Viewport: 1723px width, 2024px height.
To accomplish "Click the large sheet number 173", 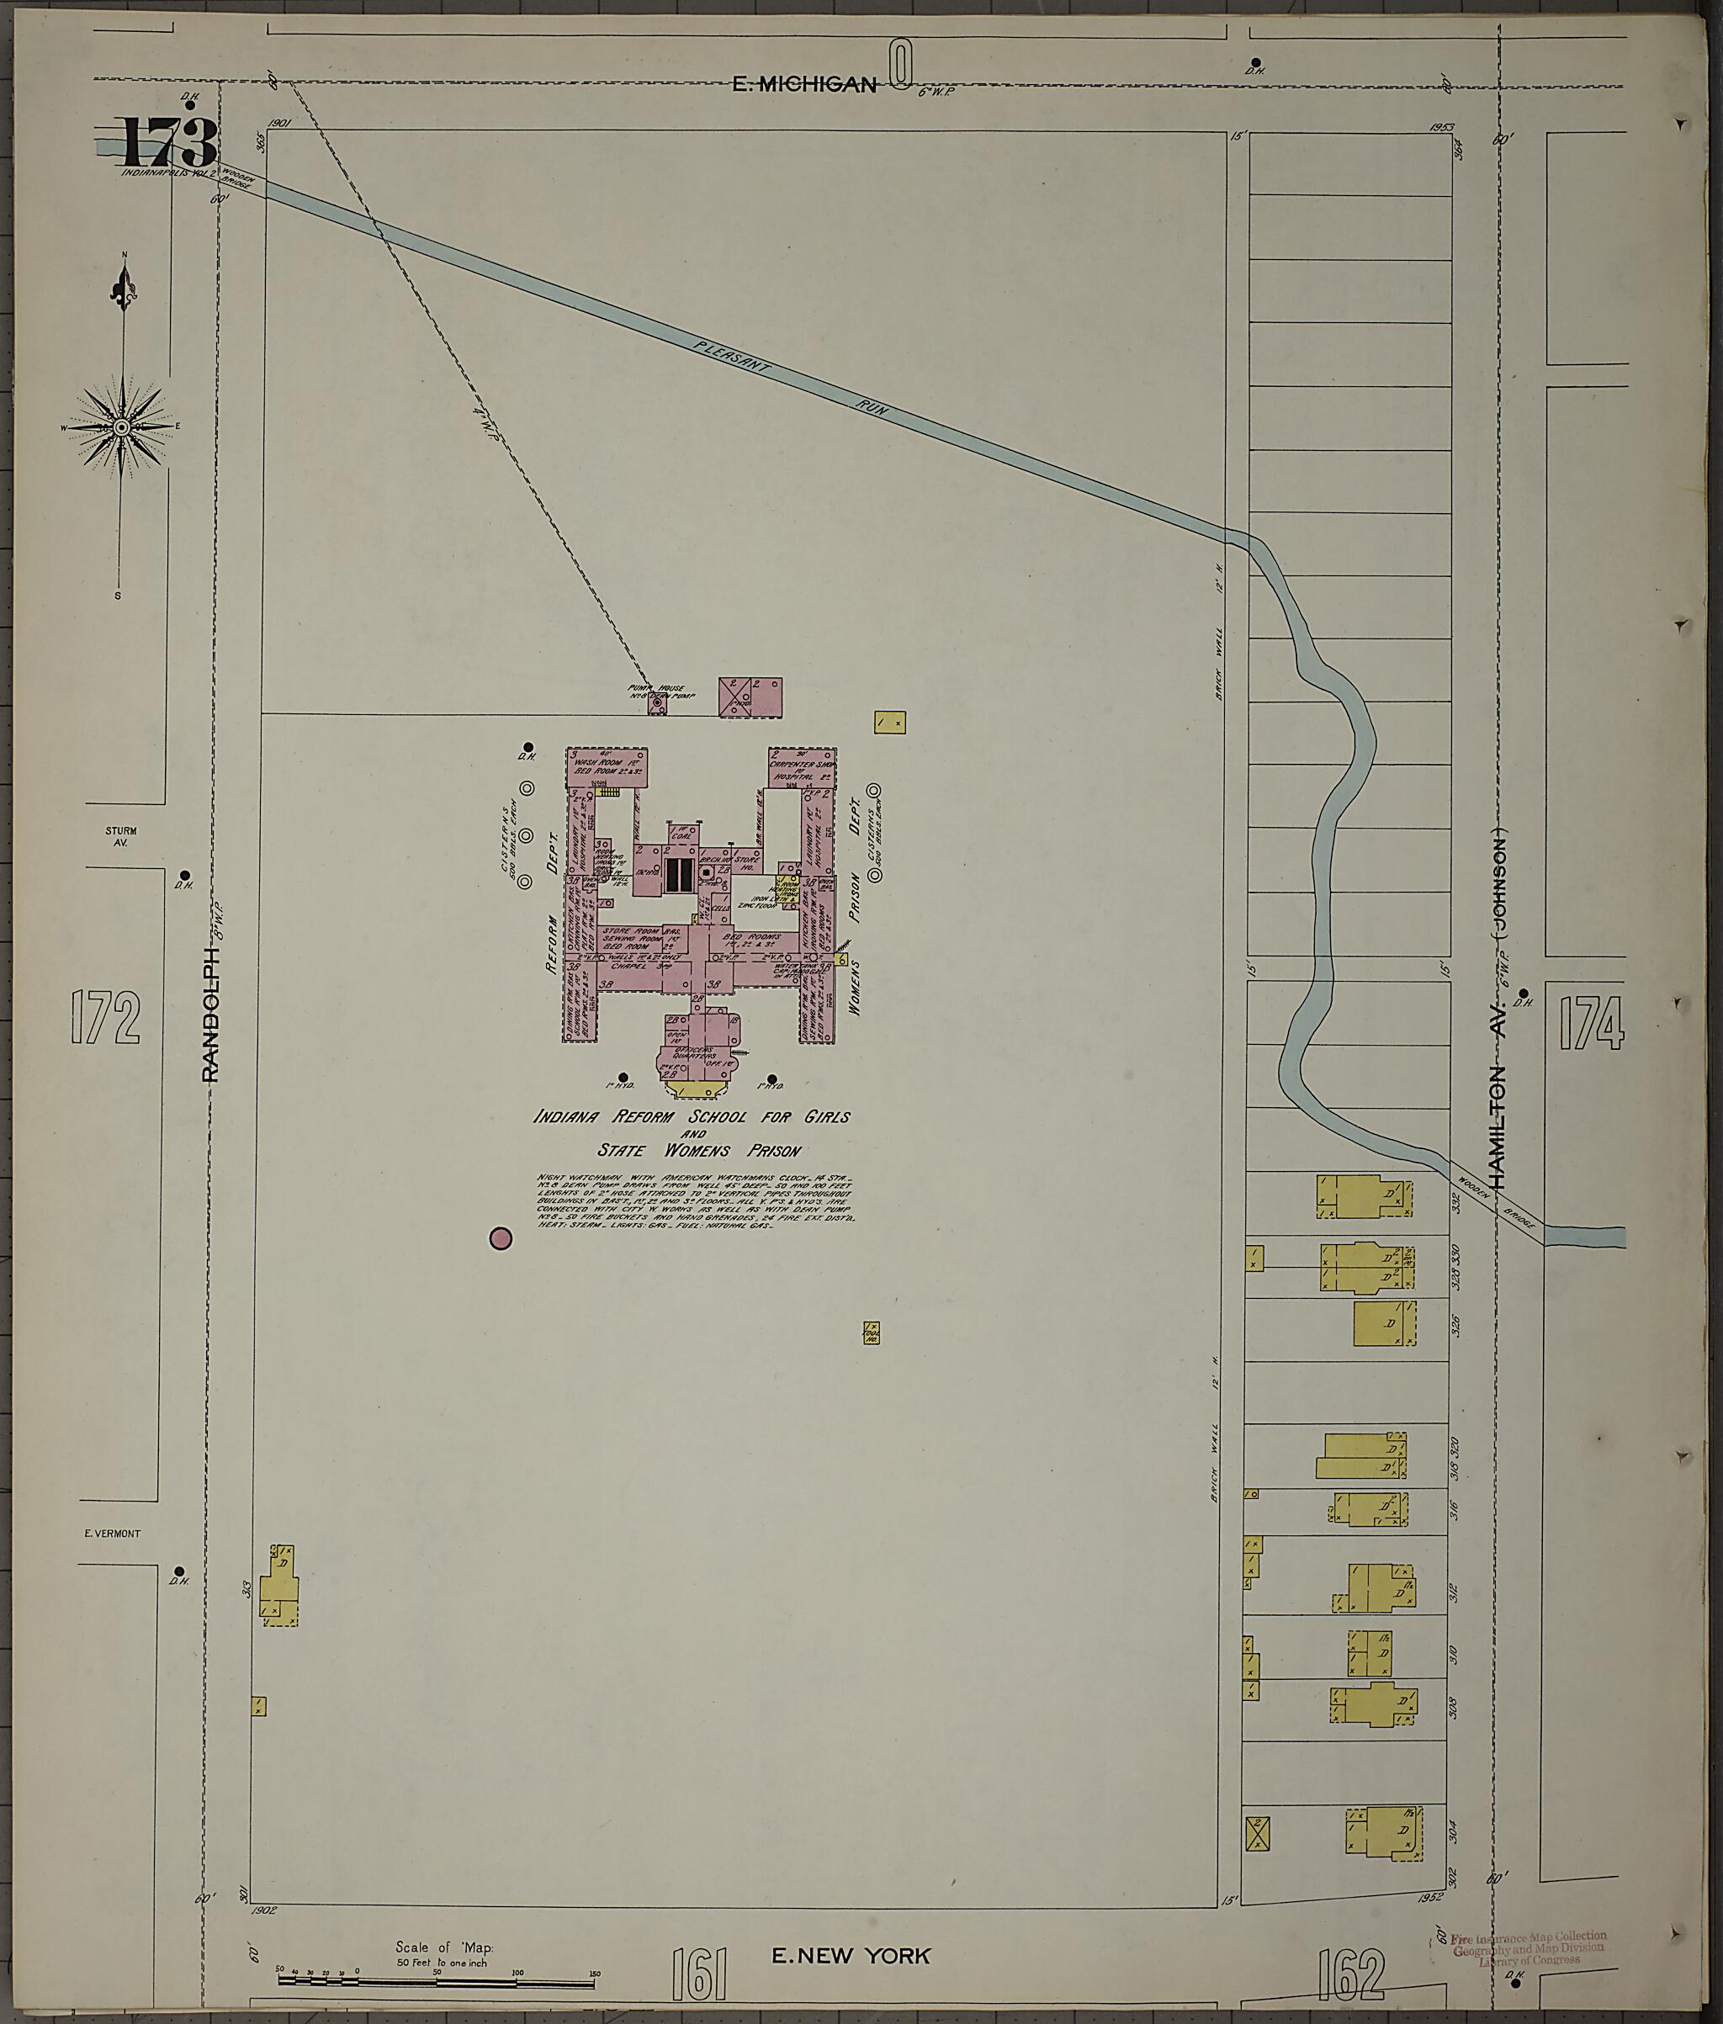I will point(168,143).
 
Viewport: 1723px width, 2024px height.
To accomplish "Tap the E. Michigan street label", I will point(804,85).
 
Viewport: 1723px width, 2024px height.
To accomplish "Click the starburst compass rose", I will point(121,427).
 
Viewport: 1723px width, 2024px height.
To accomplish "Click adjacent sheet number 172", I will point(105,1018).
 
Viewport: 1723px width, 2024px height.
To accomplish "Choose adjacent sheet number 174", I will point(1591,1023).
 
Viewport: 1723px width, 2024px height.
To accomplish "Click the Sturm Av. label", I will point(121,836).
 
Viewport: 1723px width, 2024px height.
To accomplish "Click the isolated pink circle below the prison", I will point(500,1238).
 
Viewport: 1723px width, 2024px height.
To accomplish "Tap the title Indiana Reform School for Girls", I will point(692,1116).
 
